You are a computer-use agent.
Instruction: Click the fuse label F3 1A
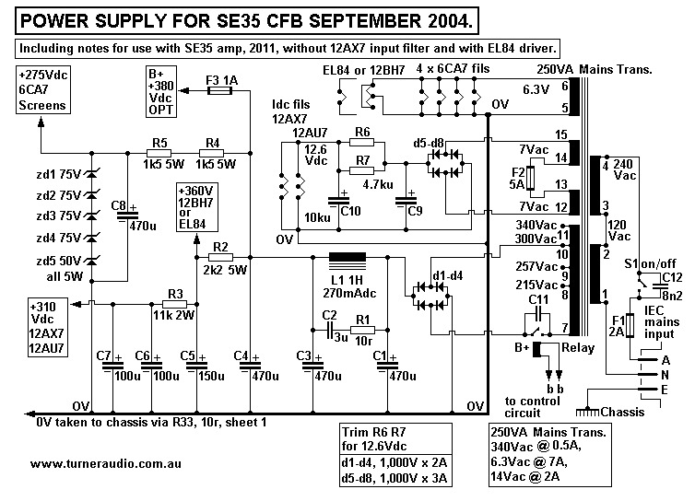220,81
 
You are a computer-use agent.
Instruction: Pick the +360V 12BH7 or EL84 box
196,205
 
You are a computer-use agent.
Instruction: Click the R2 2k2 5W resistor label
219,259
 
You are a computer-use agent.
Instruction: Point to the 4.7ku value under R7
379,183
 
